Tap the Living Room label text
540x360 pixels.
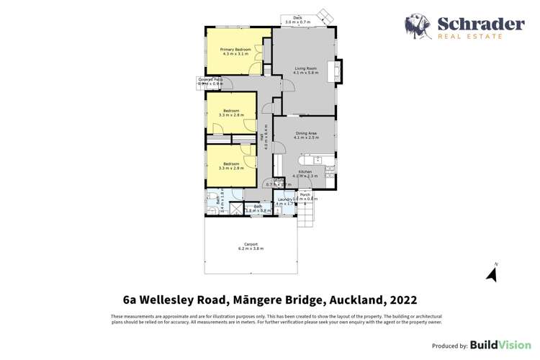click(305, 68)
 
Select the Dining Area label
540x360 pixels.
click(305, 133)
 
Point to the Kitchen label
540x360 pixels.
click(305, 171)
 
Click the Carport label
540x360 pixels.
click(251, 244)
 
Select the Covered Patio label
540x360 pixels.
click(210, 79)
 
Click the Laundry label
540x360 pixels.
click(283, 199)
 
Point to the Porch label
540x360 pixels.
click(305, 194)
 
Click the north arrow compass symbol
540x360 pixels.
click(492, 273)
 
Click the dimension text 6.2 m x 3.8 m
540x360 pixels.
click(251, 249)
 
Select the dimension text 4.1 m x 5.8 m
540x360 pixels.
click(305, 73)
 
